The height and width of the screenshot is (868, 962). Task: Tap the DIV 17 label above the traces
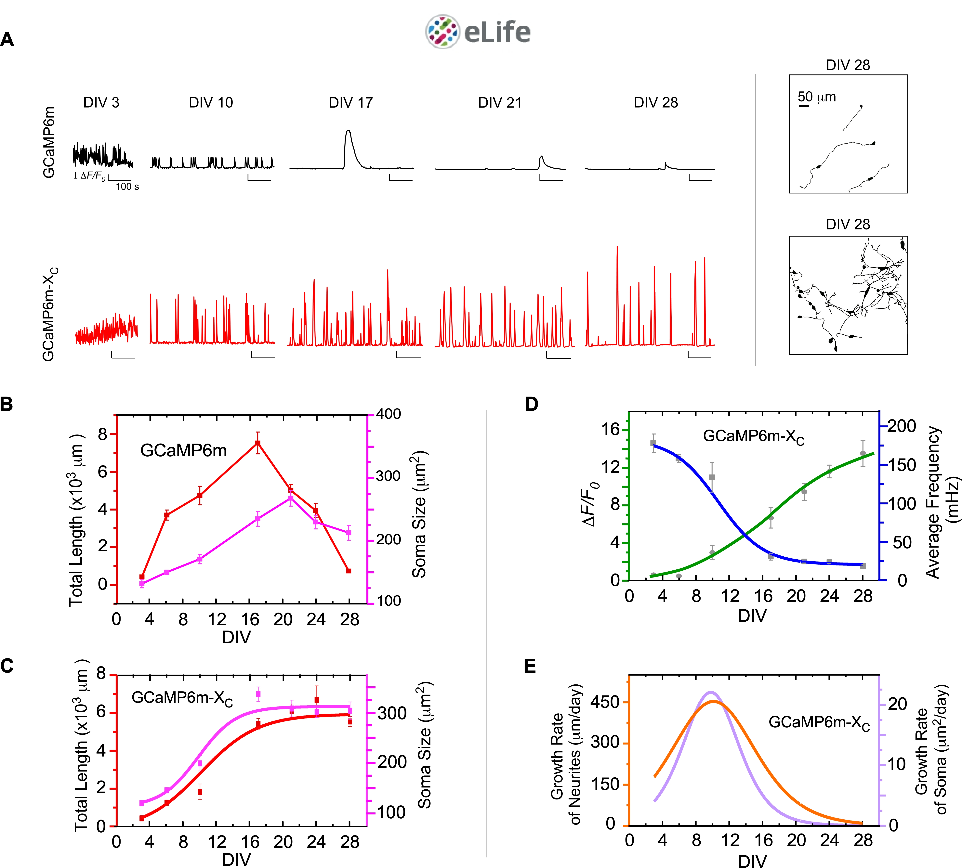pyautogui.click(x=350, y=103)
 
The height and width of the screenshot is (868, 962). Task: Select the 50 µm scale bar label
pyautogui.click(x=817, y=97)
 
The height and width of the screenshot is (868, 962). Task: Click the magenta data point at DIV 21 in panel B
pyautogui.click(x=290, y=498)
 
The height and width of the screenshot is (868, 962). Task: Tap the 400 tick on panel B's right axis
pyautogui.click(x=389, y=414)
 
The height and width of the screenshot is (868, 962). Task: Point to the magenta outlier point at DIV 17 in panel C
pyautogui.click(x=258, y=694)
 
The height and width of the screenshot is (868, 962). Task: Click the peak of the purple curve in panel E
pyautogui.click(x=711, y=692)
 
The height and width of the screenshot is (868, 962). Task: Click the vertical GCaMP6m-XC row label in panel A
pyautogui.click(x=50, y=314)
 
